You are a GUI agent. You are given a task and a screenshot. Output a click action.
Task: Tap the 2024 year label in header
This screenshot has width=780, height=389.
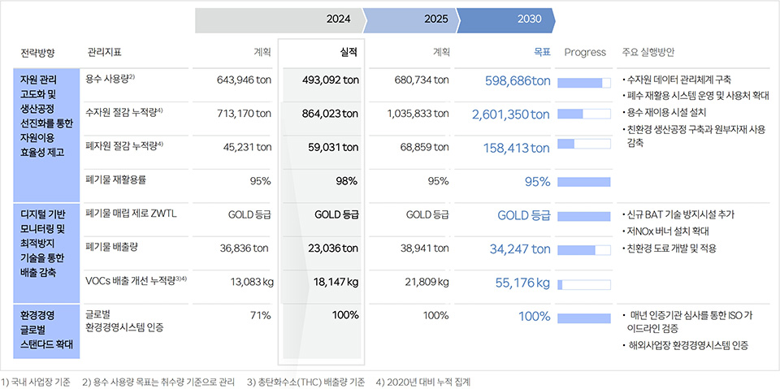click(338, 19)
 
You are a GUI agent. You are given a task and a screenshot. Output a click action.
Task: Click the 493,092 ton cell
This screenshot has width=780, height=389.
click(330, 80)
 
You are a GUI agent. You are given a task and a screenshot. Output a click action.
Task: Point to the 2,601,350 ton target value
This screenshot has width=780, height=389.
click(511, 115)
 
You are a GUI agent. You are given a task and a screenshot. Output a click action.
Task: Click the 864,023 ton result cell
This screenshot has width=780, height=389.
click(330, 114)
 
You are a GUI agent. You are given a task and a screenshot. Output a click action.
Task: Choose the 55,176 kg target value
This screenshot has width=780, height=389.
click(522, 283)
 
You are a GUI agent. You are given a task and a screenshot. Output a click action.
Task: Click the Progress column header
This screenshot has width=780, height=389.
click(585, 52)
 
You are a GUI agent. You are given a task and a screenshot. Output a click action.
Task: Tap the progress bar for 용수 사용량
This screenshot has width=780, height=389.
click(583, 82)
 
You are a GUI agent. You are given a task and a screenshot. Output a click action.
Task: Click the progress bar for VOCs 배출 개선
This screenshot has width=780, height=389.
click(583, 284)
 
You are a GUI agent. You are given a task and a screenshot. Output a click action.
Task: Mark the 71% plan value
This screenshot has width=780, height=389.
click(260, 315)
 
